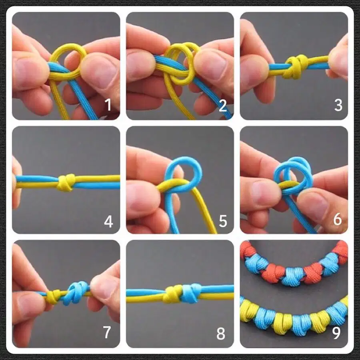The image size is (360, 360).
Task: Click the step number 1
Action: pos(108,105)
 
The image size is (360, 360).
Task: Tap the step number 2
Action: pos(223,106)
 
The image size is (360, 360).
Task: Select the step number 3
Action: pos(338,105)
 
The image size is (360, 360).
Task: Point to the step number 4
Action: pos(108,222)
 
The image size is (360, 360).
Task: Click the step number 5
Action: pos(223,221)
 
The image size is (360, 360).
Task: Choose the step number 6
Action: pos(338,219)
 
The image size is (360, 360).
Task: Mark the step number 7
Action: pos(107,332)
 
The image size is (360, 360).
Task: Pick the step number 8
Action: pos(221,334)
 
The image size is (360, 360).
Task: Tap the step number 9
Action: pos(336,333)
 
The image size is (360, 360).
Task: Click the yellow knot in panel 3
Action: pos(296,66)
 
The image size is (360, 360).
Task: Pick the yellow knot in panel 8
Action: pos(172,294)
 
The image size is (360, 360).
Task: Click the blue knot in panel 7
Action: pos(76,293)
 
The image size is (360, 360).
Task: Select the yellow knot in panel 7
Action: pos(53,297)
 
